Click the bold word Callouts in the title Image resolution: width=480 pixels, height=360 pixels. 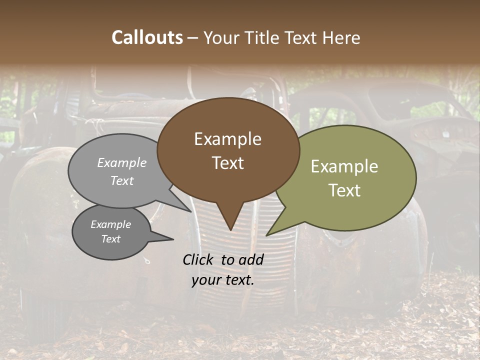click(x=147, y=37)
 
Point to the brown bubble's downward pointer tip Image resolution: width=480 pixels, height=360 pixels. click(x=230, y=229)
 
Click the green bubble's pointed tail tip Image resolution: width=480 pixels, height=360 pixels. click(x=267, y=235)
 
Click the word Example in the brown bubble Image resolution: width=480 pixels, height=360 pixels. click(x=227, y=139)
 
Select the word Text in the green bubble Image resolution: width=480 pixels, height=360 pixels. click(x=344, y=190)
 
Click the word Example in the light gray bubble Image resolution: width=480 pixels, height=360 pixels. click(x=122, y=162)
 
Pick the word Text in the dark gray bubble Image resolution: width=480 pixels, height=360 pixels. click(x=110, y=239)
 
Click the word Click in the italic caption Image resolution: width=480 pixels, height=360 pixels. click(x=198, y=259)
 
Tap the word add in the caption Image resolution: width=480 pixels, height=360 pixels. click(x=250, y=259)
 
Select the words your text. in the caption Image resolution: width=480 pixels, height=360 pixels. click(x=222, y=280)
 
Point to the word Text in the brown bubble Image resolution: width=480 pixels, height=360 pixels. click(x=227, y=163)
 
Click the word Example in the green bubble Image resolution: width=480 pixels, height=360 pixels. click(x=344, y=166)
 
